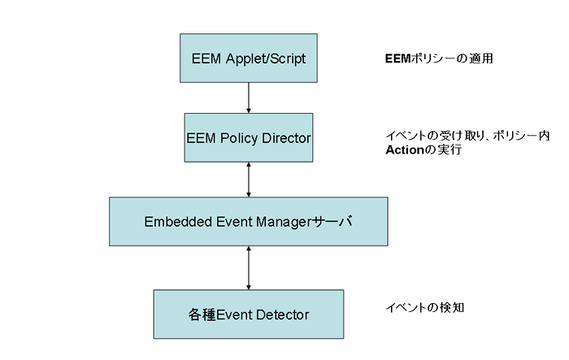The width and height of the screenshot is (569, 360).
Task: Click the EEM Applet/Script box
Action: (x=249, y=58)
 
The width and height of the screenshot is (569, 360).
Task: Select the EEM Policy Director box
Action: (x=249, y=137)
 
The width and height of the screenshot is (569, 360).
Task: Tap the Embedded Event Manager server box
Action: (x=249, y=221)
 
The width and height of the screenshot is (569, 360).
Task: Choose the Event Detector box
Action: (x=249, y=314)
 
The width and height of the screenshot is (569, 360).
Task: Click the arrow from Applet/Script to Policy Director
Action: (x=249, y=98)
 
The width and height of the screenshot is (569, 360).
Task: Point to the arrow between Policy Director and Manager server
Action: (x=249, y=180)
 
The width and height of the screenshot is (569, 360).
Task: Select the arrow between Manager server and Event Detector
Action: (x=249, y=268)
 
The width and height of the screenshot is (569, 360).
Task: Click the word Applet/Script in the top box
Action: (x=266, y=59)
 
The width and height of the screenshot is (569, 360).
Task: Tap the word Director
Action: (x=286, y=138)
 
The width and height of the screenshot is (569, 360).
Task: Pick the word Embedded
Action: (x=178, y=222)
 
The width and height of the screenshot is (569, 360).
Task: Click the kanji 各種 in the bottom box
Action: (x=202, y=314)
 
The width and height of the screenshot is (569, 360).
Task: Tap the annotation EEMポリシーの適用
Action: (x=439, y=59)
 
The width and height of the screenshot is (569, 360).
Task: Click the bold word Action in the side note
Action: (x=405, y=150)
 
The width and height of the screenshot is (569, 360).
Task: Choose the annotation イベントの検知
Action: (x=425, y=308)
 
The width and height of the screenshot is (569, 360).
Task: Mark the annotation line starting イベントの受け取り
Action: (x=467, y=136)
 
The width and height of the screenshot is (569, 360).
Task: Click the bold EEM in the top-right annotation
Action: (x=397, y=59)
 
